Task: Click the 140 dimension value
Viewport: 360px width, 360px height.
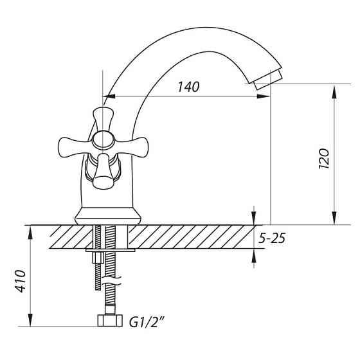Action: pyautogui.click(x=189, y=87)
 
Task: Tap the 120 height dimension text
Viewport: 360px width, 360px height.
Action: pyautogui.click(x=324, y=159)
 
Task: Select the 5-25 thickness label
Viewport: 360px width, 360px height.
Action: pyautogui.click(x=272, y=238)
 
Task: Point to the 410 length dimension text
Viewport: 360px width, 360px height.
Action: pyautogui.click(x=21, y=281)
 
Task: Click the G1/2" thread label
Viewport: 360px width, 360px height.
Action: pyautogui.click(x=147, y=322)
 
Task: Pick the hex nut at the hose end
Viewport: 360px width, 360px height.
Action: pyautogui.click(x=110, y=320)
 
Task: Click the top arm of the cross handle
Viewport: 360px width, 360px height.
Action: pyautogui.click(x=103, y=119)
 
